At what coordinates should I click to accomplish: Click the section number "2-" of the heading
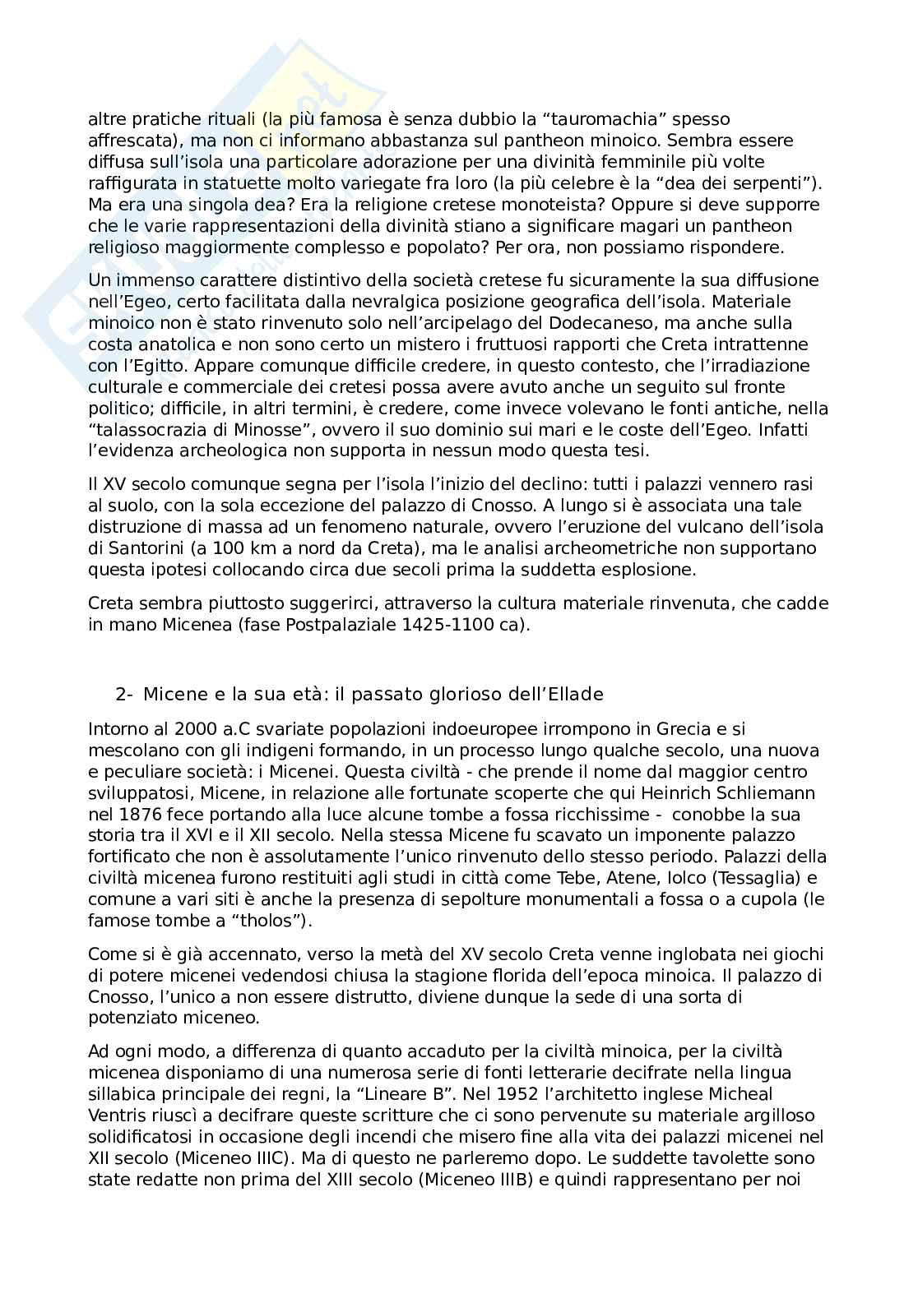point(124,695)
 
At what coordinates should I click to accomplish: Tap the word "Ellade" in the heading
point(574,695)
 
